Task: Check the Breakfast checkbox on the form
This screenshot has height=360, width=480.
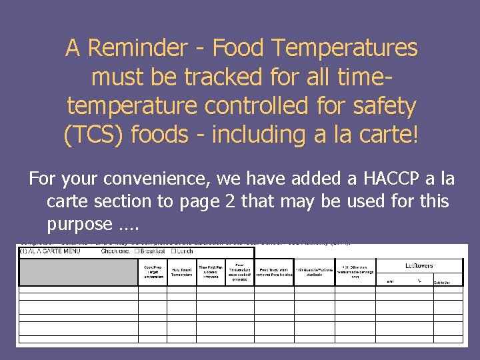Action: (x=138, y=251)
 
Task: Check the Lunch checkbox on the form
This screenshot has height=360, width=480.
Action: (x=173, y=251)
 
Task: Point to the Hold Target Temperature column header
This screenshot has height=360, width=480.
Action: (x=181, y=271)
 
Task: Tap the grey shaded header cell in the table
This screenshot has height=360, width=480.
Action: (x=78, y=271)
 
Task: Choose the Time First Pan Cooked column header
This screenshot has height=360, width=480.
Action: (x=211, y=271)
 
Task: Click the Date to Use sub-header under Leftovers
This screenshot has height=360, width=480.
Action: (x=443, y=283)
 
